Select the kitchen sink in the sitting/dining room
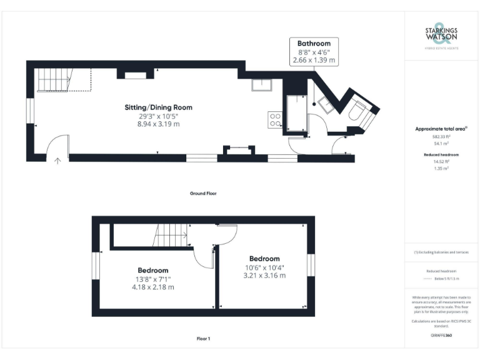[261, 86]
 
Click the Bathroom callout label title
[314, 43]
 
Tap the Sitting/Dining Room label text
[159, 107]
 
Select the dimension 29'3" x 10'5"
[159, 116]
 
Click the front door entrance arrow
[57, 161]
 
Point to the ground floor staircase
[54, 79]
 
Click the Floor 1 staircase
[170, 236]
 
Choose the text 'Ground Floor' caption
[203, 194]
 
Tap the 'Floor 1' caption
[203, 339]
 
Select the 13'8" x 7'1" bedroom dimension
[152, 279]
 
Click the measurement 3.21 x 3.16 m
[264, 276]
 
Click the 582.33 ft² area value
[441, 136]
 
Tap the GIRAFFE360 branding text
[441, 336]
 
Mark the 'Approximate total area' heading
[441, 129]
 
